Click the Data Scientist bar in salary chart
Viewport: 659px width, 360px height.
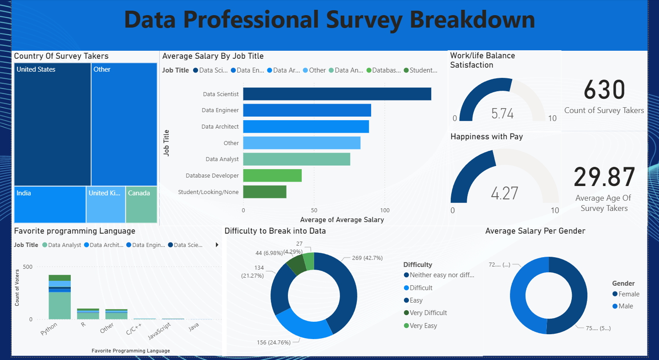337,94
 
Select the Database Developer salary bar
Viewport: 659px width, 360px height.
272,175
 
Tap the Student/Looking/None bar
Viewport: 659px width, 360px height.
265,192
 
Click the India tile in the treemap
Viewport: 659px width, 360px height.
50,204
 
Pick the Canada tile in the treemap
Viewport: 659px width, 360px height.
141,204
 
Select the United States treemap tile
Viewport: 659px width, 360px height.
53,124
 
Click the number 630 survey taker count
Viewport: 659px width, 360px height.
604,90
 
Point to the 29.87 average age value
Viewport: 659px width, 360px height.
604,177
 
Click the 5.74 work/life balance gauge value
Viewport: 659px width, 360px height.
502,113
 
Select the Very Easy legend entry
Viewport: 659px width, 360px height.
423,326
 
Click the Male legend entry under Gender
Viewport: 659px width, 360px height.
626,306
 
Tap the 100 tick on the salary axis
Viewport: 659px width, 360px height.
385,210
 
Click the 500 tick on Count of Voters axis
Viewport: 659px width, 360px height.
28,267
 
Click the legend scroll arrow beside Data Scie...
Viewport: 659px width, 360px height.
217,245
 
